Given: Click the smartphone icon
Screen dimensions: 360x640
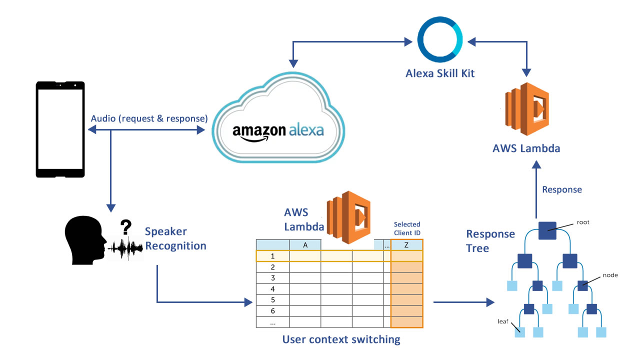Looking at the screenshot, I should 59,129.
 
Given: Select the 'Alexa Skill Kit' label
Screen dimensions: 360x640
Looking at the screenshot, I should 439,74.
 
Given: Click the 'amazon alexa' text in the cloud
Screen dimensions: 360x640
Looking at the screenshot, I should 278,131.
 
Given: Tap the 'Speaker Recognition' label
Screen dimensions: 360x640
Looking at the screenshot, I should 175,238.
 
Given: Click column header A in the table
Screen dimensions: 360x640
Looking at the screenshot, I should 305,245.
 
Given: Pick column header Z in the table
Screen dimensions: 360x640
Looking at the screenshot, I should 406,245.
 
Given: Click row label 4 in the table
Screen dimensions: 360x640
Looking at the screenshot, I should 272,289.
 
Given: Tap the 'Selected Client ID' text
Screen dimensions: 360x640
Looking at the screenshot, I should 407,228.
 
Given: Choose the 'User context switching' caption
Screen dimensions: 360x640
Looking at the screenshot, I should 341,339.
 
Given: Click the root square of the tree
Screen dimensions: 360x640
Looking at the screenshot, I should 547,231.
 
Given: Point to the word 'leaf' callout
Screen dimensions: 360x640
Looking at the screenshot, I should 503,321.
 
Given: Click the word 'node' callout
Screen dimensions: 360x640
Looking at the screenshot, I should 610,275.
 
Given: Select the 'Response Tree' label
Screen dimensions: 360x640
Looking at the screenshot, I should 490,241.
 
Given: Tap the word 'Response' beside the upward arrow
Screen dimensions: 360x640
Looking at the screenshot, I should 562,189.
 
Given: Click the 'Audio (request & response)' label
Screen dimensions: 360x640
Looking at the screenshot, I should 149,119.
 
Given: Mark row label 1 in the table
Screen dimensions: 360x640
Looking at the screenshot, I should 272,256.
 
